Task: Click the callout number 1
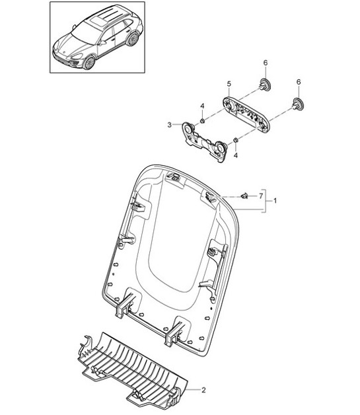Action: pyautogui.click(x=275, y=200)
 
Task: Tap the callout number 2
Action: pyautogui.click(x=203, y=391)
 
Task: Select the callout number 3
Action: pyautogui.click(x=169, y=125)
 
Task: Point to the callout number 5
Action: pyautogui.click(x=229, y=84)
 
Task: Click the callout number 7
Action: pyautogui.click(x=261, y=196)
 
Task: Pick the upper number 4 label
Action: pyautogui.click(x=203, y=106)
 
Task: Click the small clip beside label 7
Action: pyautogui.click(x=246, y=195)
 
